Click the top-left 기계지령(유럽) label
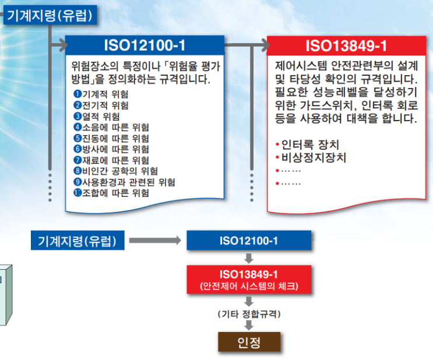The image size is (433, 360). point(50,16)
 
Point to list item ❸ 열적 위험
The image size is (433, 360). point(97,117)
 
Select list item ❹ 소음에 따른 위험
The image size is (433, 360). point(111,128)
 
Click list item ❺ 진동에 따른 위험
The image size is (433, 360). point(111,138)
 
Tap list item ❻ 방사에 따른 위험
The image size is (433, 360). point(111,149)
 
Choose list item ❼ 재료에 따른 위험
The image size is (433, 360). point(111,160)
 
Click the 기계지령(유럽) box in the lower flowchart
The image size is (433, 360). point(78,241)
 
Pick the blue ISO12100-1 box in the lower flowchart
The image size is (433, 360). point(249,241)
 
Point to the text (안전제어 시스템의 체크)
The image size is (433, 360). point(249,286)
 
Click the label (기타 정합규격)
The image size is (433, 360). point(249,314)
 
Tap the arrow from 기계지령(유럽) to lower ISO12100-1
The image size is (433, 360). point(154,240)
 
